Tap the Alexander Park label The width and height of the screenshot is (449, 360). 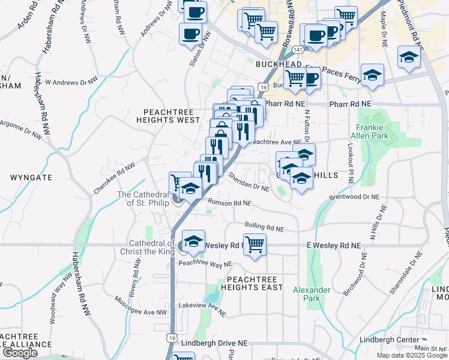click(312, 294)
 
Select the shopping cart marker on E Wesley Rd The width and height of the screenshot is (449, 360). click(255, 245)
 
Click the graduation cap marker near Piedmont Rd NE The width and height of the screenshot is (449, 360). click(409, 58)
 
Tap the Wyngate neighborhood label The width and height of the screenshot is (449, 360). click(31, 178)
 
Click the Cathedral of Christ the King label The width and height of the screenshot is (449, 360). click(151, 247)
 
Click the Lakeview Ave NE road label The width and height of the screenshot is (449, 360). click(202, 308)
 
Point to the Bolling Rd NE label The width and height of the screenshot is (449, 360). click(264, 226)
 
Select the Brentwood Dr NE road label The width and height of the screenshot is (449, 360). click(354, 197)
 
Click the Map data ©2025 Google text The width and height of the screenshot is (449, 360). click(411, 355)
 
